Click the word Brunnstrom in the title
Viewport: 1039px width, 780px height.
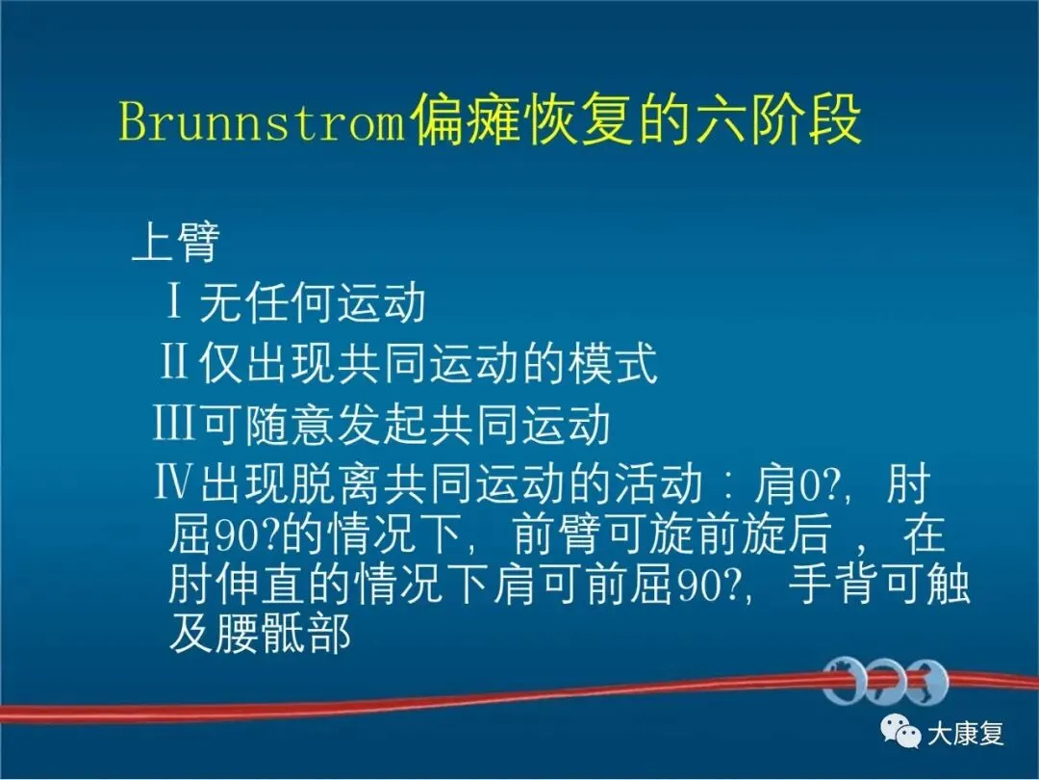click(262, 122)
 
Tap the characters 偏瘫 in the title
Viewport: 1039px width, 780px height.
click(464, 120)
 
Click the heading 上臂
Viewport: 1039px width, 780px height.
click(176, 243)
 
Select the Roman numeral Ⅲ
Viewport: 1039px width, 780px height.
click(173, 423)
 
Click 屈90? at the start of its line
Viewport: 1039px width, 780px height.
click(224, 534)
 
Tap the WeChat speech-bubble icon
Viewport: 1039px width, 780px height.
click(900, 732)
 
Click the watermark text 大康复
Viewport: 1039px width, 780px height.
click(966, 734)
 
